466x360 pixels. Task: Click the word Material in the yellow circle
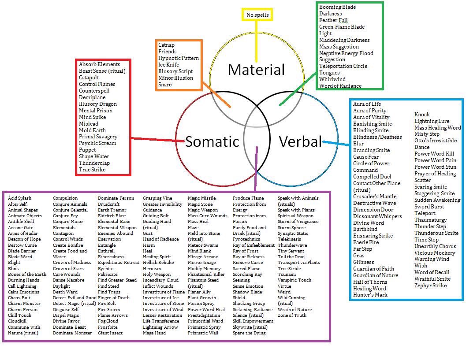tap(256, 70)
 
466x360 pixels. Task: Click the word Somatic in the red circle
tap(212, 141)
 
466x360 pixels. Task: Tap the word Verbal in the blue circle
tap(300, 141)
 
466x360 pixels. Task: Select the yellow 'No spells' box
tap(257, 15)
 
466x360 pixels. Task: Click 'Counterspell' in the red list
tap(94, 91)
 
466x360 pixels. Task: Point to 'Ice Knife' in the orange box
tap(168, 65)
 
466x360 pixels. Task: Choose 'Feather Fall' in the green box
tap(334, 20)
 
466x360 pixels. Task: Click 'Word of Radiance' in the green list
tap(340, 86)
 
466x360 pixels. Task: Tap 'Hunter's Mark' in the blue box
tap(370, 295)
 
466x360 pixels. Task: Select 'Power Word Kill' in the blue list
tap(434, 154)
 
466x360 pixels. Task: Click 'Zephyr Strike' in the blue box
tap(430, 286)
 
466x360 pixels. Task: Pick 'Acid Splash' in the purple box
tap(19, 198)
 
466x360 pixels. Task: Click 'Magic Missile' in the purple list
tap(201, 198)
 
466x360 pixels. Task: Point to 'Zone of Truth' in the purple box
tap(292, 315)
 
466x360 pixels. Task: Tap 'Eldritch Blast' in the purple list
tap(112, 216)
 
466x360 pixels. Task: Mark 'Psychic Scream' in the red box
tap(97, 143)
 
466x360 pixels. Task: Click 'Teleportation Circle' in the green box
tap(343, 66)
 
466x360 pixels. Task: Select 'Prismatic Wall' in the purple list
tap(203, 333)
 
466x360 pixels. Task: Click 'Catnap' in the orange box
tap(166, 45)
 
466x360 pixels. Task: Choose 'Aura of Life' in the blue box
tap(367, 104)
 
